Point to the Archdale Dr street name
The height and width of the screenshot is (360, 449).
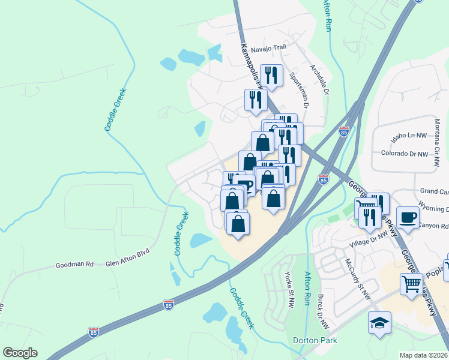(319, 80)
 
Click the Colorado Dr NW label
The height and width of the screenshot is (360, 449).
(405, 154)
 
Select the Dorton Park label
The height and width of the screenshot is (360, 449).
(315, 340)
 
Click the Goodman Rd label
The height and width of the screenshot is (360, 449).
(74, 264)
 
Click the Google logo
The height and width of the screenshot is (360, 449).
(20, 353)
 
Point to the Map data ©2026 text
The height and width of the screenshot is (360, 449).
(424, 355)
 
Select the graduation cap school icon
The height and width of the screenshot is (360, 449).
(379, 323)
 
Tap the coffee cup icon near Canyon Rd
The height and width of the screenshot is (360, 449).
(408, 218)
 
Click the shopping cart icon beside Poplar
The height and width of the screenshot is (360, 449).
(411, 284)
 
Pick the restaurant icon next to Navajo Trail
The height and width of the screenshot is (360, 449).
(273, 75)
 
